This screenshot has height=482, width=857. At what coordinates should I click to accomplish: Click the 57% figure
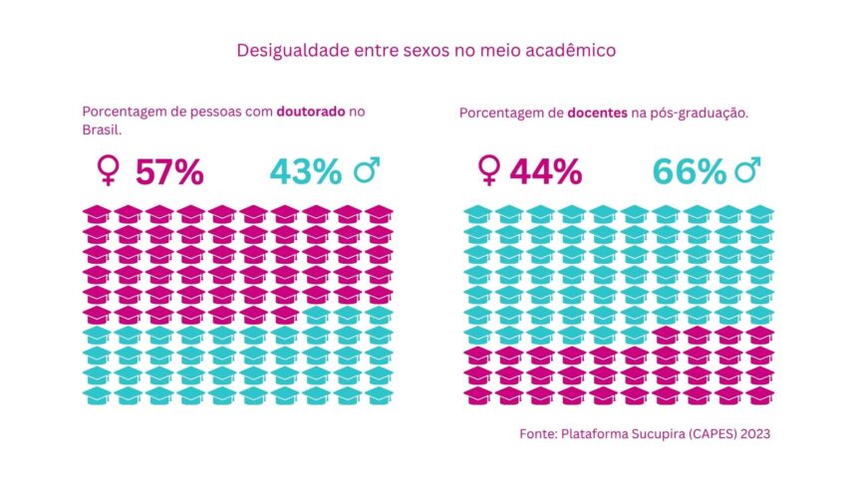point(169,171)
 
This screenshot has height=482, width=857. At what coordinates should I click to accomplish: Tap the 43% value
point(306,171)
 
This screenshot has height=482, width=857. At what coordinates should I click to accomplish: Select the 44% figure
point(546,171)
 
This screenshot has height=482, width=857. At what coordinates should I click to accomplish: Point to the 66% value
point(690,171)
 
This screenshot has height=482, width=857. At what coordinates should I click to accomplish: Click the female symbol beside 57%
point(106,172)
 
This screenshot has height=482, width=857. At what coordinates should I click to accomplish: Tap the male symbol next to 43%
point(368,171)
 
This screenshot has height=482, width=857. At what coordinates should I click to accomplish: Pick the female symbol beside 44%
point(488,171)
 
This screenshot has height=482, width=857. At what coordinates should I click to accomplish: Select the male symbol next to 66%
point(747,171)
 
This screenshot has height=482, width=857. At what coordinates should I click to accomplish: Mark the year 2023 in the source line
point(752,434)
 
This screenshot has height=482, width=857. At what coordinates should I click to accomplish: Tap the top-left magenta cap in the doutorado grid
point(97,214)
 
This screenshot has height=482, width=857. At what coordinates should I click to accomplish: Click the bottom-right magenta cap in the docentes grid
point(760,394)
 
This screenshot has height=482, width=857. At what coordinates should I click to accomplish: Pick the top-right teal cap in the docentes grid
point(760,214)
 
